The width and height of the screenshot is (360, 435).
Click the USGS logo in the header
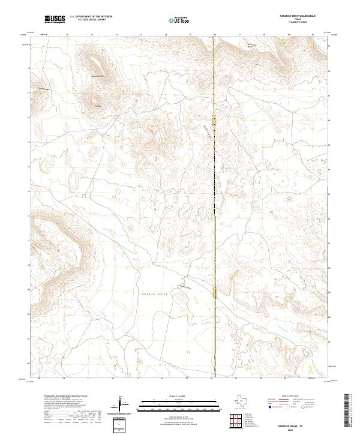55,20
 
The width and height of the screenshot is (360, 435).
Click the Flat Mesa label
98,106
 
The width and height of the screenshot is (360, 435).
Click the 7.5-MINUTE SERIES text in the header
298,23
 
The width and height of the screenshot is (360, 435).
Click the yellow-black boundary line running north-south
214,180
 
